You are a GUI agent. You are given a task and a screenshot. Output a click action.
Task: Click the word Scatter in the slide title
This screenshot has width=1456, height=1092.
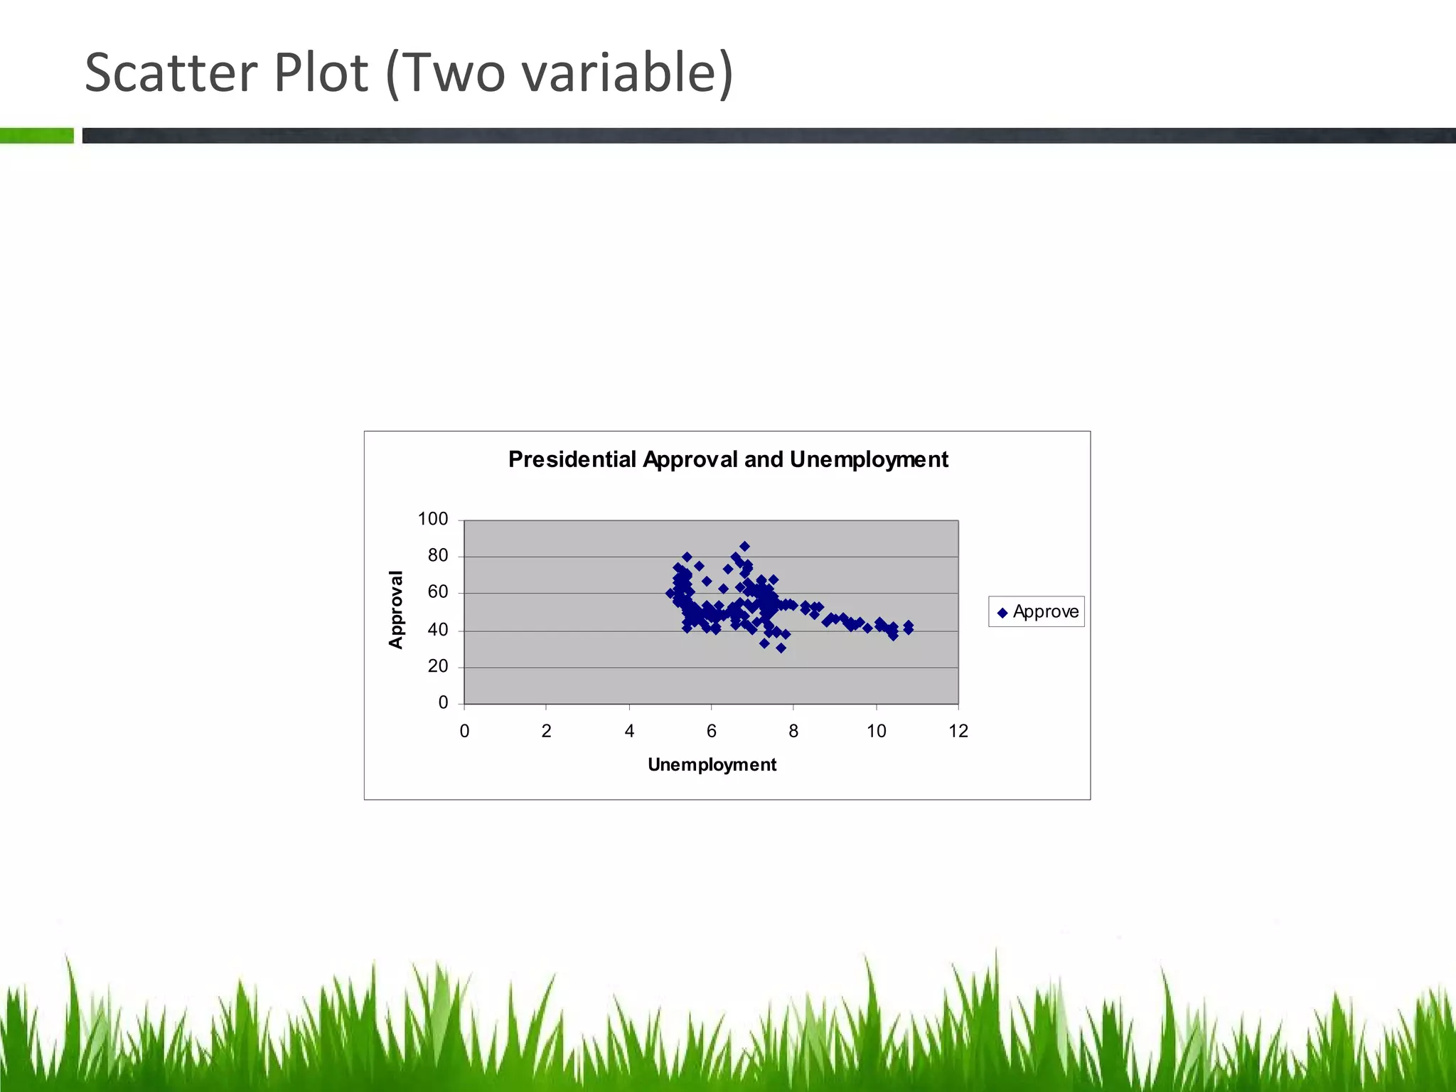[x=171, y=73]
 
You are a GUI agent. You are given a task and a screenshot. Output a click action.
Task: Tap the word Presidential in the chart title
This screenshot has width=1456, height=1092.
[x=572, y=460]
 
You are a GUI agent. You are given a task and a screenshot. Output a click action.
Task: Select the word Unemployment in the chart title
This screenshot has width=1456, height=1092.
[x=869, y=460]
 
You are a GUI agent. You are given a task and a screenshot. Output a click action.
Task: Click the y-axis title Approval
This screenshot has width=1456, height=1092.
[x=396, y=609]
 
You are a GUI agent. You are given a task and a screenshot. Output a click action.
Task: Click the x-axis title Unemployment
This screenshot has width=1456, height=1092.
[x=712, y=765]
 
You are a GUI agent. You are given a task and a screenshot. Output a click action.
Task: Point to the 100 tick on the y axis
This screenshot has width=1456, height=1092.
[x=432, y=519]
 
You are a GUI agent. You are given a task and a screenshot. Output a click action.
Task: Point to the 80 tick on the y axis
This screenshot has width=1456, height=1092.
[x=437, y=556]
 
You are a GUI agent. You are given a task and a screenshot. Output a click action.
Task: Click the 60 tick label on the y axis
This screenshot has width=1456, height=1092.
[x=437, y=592]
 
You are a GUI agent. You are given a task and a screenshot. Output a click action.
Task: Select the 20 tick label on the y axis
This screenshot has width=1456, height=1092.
[x=437, y=666]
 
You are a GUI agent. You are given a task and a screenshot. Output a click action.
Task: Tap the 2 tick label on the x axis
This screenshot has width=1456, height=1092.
[x=546, y=731]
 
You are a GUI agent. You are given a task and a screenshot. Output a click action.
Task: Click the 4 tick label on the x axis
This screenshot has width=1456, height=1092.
[x=629, y=731]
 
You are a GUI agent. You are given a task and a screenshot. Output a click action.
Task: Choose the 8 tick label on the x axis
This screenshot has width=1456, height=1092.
[x=793, y=731]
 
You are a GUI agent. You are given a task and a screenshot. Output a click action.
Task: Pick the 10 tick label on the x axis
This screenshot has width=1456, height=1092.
[x=876, y=731]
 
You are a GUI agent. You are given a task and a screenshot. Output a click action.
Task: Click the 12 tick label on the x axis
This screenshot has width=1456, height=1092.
[x=958, y=731]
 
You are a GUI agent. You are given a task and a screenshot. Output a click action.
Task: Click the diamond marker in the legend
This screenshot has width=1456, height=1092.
[x=1002, y=613]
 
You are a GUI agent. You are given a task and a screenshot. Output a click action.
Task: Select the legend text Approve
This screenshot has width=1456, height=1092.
[x=1045, y=611]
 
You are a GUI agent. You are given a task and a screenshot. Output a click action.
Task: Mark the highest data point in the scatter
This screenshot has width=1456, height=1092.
[x=744, y=547]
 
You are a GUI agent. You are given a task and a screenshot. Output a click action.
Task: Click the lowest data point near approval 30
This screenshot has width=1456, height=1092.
[x=781, y=648]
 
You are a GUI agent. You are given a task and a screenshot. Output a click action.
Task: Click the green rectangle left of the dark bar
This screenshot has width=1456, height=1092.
[x=36, y=135]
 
